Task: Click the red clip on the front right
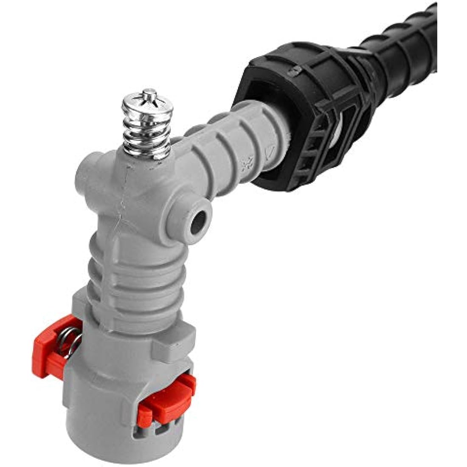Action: point(168,397)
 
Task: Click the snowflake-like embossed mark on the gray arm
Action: point(245,164)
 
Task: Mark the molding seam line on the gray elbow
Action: point(123,204)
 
